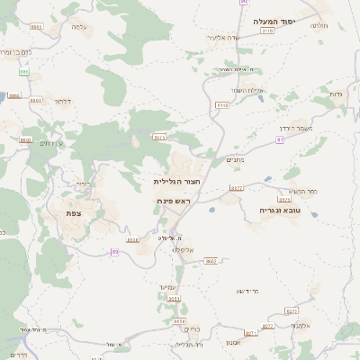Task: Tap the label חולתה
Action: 319,25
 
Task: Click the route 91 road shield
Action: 281,140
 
